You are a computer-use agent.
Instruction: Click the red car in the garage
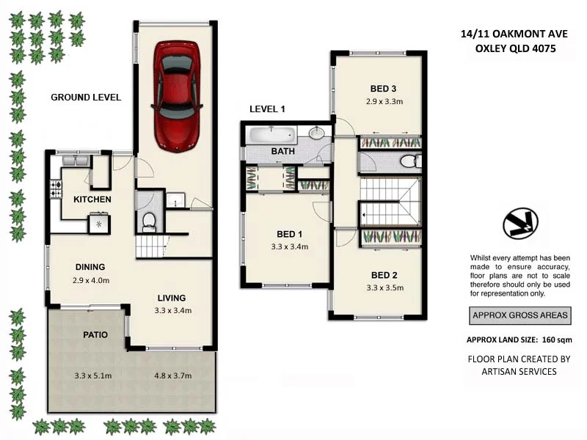[x=177, y=95]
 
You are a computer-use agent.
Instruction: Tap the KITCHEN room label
[x=92, y=199]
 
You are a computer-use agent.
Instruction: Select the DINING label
[x=90, y=267]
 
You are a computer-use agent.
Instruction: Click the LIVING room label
[x=171, y=298]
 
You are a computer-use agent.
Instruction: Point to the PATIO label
[x=95, y=334]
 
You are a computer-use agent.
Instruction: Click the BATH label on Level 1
[x=282, y=152]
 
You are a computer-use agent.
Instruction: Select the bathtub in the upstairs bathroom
[x=272, y=134]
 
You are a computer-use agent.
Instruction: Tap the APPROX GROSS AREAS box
[x=519, y=316]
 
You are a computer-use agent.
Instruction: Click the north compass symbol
[x=520, y=224]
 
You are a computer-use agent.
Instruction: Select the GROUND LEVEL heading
[x=86, y=97]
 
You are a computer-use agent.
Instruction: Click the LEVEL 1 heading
[x=267, y=109]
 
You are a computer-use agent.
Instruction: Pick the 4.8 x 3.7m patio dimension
[x=173, y=376]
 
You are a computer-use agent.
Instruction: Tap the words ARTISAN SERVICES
[x=519, y=371]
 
